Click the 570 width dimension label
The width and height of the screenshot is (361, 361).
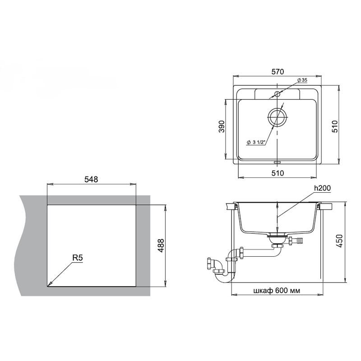click(x=278, y=72)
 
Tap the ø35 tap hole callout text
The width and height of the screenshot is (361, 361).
click(x=302, y=80)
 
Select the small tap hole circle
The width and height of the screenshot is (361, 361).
click(x=277, y=94)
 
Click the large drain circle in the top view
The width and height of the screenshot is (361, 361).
click(x=277, y=116)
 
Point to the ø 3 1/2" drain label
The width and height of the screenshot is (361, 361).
click(x=256, y=142)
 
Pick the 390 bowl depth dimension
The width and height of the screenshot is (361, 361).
click(x=221, y=126)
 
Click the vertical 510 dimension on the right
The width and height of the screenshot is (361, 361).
click(x=335, y=126)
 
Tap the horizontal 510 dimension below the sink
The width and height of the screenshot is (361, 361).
click(x=278, y=173)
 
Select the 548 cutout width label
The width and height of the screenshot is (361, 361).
click(x=91, y=179)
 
